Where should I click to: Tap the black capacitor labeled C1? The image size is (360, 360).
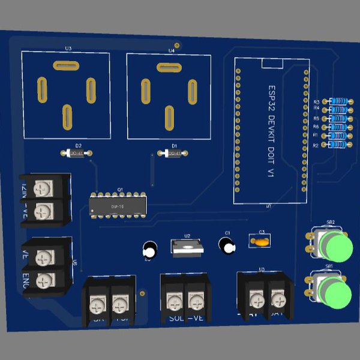pos(227,245)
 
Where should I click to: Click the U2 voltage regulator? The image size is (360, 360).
pos(187,247)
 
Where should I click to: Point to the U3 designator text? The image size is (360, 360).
pos(68,49)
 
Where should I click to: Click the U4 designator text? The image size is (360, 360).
pos(172,51)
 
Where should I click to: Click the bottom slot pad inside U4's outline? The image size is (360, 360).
pos(169,116)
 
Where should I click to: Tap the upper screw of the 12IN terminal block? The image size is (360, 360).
pos(42,188)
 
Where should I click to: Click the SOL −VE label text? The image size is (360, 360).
pos(187,318)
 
